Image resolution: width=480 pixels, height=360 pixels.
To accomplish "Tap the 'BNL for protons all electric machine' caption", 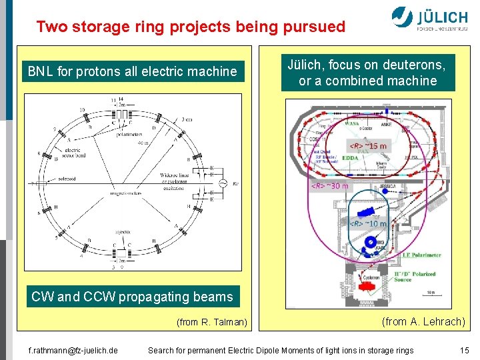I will point(132,71).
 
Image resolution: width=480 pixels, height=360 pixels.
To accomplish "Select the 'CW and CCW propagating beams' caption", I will point(132,297).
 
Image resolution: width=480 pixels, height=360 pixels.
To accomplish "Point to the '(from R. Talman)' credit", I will point(211,323).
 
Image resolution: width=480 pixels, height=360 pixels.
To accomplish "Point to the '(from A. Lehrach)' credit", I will point(423,322).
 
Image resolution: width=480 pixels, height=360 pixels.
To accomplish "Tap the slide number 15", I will point(464,350).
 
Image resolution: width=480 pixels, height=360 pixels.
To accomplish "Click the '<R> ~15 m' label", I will point(368,146).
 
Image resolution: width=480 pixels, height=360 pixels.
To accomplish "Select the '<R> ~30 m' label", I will point(330,185).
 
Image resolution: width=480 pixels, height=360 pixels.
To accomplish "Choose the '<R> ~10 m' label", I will point(368,223).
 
